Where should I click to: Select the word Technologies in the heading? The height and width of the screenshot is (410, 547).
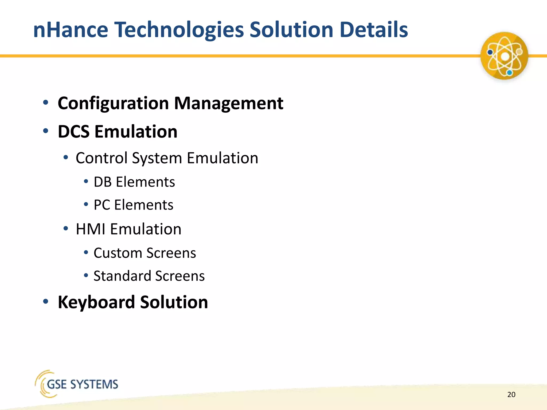point(179,30)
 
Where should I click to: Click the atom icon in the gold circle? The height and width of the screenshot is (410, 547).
point(504,56)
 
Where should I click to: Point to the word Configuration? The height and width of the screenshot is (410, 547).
point(113,103)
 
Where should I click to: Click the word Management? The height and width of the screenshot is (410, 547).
point(229,103)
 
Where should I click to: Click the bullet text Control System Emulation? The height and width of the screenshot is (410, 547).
point(167,158)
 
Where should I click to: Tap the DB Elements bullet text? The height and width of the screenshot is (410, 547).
point(134,182)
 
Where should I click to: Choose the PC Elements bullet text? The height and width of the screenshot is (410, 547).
point(133,205)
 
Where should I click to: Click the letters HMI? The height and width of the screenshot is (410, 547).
point(91,229)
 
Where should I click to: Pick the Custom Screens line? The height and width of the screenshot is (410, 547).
point(144,253)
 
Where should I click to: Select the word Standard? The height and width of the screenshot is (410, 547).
point(122,276)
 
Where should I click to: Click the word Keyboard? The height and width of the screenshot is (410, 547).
point(96,302)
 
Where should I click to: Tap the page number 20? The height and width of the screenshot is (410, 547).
point(511,395)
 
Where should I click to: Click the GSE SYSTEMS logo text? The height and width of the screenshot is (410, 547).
point(82,384)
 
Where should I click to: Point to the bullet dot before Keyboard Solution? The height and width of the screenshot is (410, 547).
point(46,301)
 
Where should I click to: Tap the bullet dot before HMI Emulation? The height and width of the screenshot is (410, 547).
point(66,228)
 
